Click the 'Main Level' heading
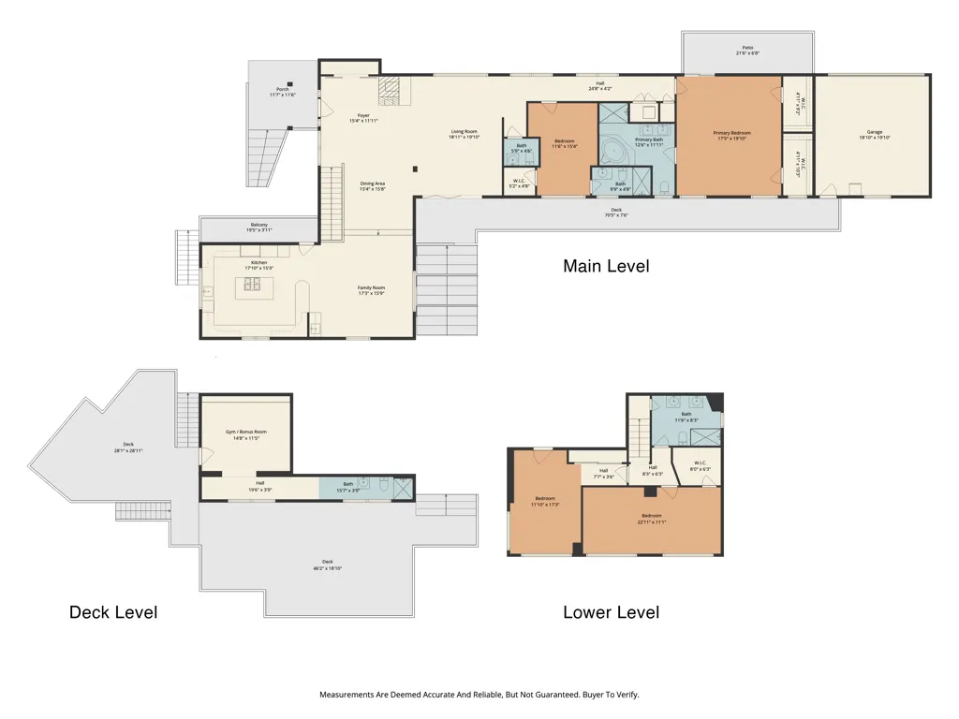605,266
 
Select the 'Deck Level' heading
112,612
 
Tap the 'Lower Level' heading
611,612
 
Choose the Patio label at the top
747,50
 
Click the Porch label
282,92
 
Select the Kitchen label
258,265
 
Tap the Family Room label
372,289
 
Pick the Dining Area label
373,185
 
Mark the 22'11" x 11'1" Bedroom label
651,518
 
